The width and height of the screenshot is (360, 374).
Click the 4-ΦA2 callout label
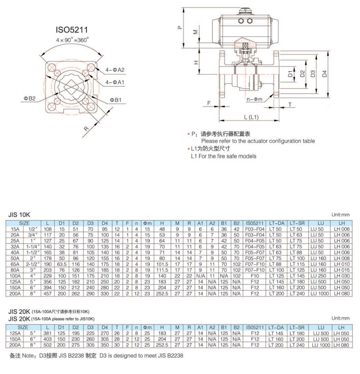pos(115,69)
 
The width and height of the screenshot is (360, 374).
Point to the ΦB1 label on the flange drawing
pos(116,100)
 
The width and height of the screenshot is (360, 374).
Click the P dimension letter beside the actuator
pos(179,27)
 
